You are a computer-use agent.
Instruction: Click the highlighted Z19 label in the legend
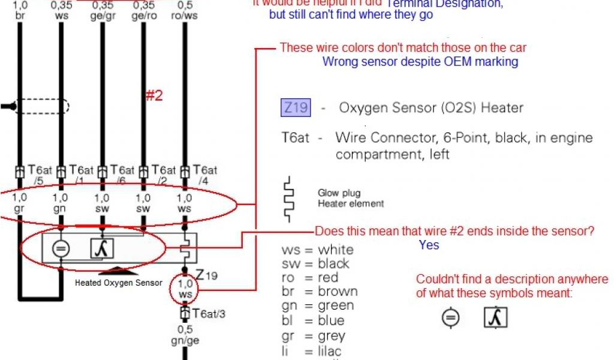[x=296, y=108]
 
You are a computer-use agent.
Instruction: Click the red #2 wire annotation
[x=155, y=95]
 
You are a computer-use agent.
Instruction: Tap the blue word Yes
[x=429, y=245]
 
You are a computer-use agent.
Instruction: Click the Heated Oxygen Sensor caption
[x=119, y=283]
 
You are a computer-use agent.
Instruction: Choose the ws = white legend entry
[x=317, y=250]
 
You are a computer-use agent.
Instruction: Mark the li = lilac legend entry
[x=312, y=351]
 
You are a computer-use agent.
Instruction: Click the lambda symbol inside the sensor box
[x=103, y=248]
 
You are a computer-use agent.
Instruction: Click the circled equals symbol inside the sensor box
[x=61, y=248]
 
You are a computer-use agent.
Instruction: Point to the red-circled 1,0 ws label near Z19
[x=186, y=289]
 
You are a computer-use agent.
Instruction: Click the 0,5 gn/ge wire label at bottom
[x=185, y=335]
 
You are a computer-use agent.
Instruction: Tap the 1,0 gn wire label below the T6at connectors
[x=61, y=203]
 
